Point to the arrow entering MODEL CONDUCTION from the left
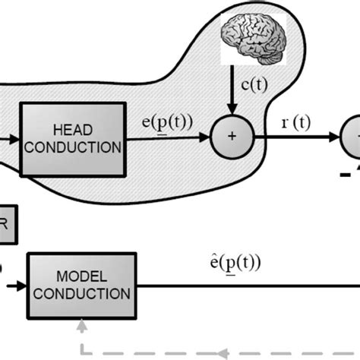click(17, 286)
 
